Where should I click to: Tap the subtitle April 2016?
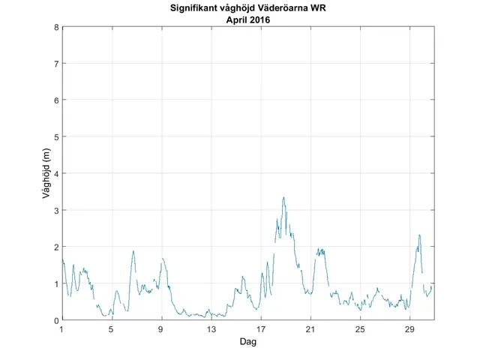click(248, 20)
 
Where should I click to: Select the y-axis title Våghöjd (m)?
click(46, 173)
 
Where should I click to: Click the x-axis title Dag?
click(248, 342)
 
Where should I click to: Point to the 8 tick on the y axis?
click(56, 27)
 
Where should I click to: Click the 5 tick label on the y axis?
click(56, 136)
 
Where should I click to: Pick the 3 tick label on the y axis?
click(56, 210)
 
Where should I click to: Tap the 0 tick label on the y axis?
click(56, 320)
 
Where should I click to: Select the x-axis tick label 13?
click(211, 330)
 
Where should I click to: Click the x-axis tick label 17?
click(261, 330)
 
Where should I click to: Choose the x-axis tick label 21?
click(310, 330)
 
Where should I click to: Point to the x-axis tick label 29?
click(409, 330)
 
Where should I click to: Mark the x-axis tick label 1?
click(62, 330)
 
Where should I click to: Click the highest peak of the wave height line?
click(283, 197)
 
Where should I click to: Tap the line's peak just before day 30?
click(419, 235)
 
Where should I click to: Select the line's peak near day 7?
click(133, 251)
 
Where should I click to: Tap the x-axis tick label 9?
click(161, 330)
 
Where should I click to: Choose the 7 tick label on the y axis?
click(56, 64)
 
